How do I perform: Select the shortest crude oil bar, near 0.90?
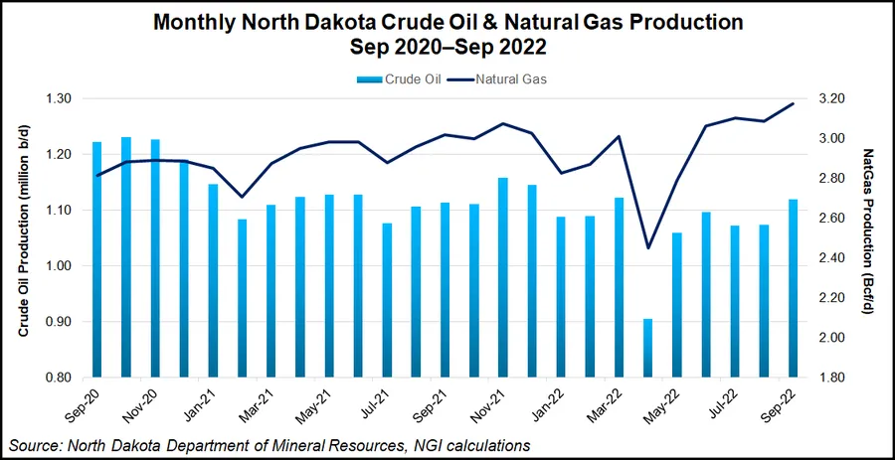coord(647,348)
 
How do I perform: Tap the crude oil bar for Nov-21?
coord(502,278)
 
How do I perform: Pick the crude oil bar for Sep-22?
coord(792,288)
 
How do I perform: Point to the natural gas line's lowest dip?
coord(647,247)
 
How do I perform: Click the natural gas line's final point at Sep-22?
coord(793,103)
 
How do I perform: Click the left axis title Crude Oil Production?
coord(22,238)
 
